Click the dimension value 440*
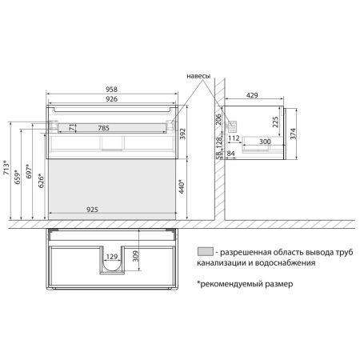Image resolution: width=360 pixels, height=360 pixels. pyautogui.click(x=182, y=188)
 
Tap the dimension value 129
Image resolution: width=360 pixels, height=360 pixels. pyautogui.click(x=111, y=257)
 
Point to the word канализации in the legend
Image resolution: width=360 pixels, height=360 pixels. pyautogui.click(x=225, y=262)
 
